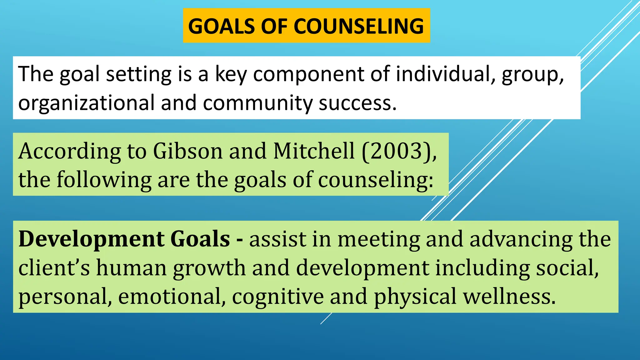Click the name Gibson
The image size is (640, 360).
(188, 151)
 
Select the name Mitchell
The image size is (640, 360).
(314, 151)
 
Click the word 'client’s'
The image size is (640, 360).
(54, 268)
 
